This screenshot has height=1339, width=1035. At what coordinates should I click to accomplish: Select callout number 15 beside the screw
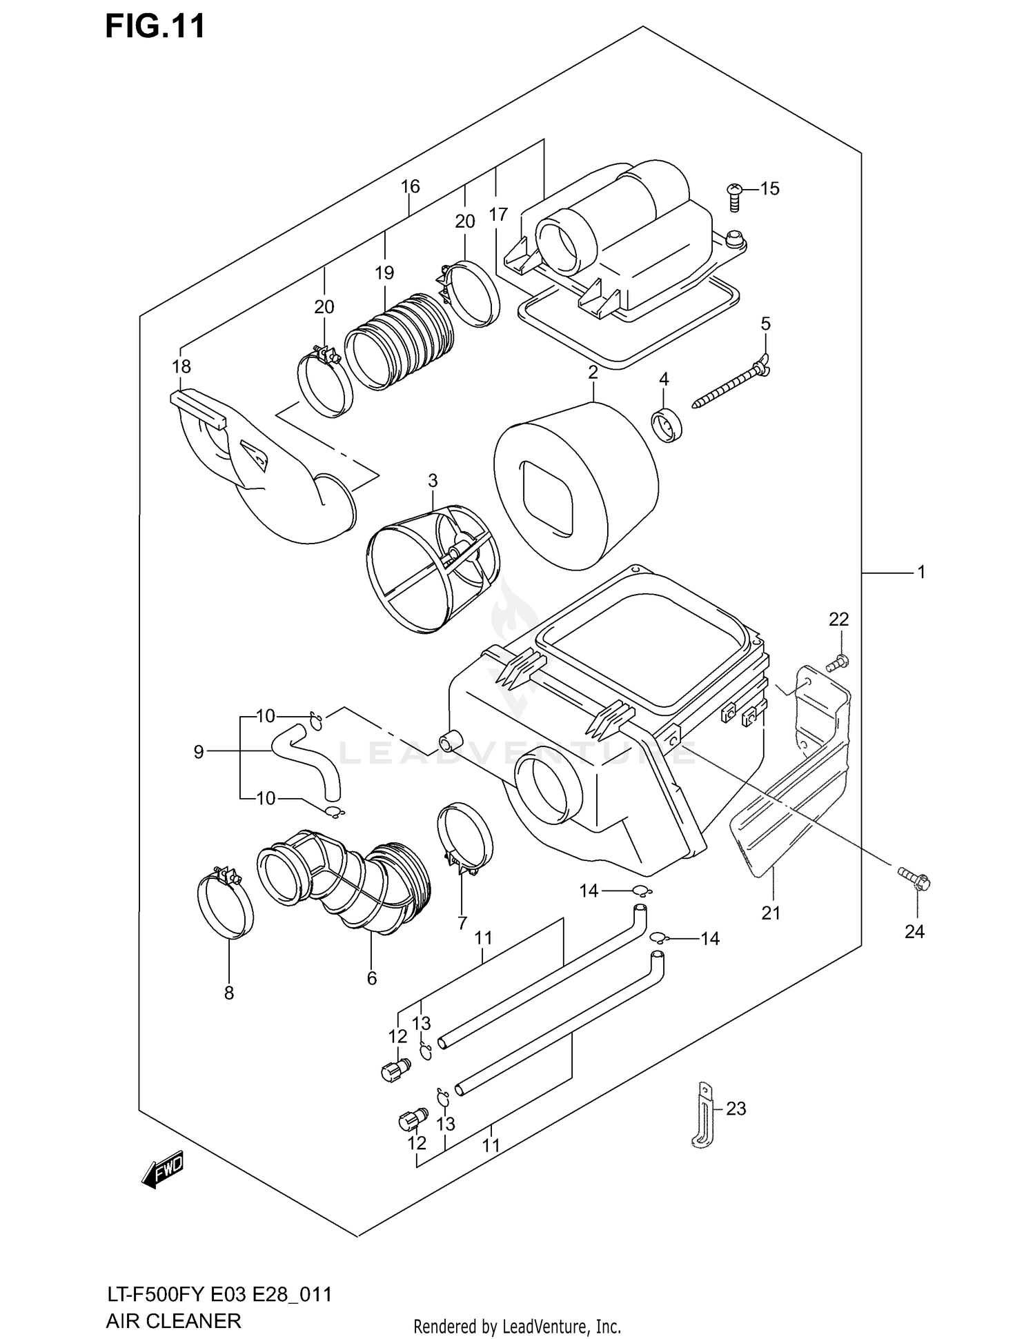(769, 188)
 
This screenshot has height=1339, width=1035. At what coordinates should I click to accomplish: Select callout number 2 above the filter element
(593, 373)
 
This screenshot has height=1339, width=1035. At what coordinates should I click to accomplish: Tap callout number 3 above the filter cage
(433, 480)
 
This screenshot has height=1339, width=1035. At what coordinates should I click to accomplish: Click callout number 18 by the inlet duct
(181, 366)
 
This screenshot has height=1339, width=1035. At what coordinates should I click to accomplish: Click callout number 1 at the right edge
(920, 572)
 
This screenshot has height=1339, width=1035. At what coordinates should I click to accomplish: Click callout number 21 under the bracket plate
(771, 913)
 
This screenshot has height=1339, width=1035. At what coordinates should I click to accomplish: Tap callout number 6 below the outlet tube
(372, 978)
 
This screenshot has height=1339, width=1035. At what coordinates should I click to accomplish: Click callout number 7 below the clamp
(462, 923)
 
